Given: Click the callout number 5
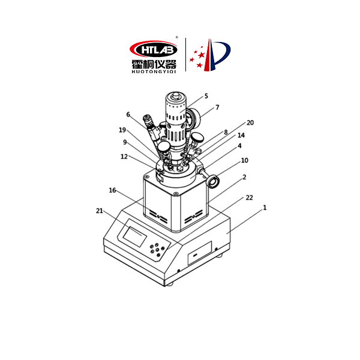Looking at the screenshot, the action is click(206, 96).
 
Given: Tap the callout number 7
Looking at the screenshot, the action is click(217, 107).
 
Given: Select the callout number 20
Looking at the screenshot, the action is click(250, 123).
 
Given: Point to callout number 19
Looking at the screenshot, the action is click(122, 130).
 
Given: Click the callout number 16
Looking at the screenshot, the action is click(112, 190).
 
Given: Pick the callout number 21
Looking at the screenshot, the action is click(100, 211).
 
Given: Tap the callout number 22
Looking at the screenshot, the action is click(250, 197).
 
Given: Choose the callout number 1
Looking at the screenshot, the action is click(265, 208).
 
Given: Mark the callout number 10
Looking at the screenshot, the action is click(245, 160).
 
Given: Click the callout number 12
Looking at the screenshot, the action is click(124, 157).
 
